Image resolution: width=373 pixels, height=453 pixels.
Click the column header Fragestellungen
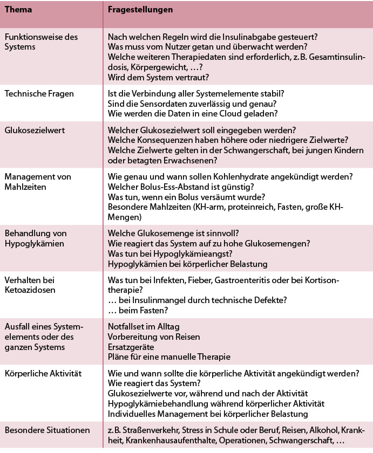pyautogui.click(x=140, y=10)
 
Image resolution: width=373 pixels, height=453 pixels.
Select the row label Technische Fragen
pyautogui.click(x=39, y=93)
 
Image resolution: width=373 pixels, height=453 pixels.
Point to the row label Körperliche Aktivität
pyautogui.click(x=42, y=373)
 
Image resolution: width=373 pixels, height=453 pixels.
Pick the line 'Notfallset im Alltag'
pyautogui.click(x=144, y=327)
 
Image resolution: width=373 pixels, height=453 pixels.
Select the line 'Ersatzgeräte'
pyautogui.click(x=131, y=346)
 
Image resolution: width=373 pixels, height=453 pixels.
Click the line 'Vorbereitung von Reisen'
pyautogui.click(x=154, y=337)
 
